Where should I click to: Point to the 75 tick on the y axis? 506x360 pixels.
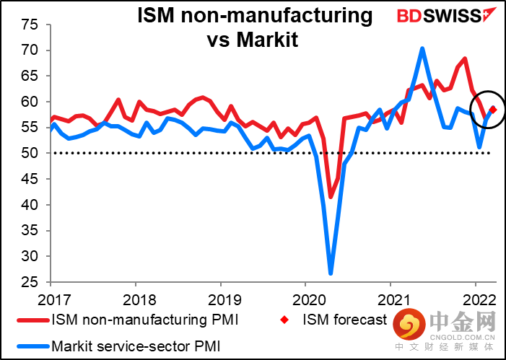(30, 25)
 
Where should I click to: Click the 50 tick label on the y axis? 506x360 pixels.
(30, 153)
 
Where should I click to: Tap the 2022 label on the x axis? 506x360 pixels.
(475, 297)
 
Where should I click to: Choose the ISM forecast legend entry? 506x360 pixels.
(344, 320)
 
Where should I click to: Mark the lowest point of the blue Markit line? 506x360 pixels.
(331, 273)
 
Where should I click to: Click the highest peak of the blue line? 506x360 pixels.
(422, 49)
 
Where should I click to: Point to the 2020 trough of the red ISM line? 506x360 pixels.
(331, 196)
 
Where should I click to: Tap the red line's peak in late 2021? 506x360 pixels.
(465, 59)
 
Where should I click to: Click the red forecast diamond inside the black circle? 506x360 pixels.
(493, 109)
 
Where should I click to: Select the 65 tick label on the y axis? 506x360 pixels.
(30, 76)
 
